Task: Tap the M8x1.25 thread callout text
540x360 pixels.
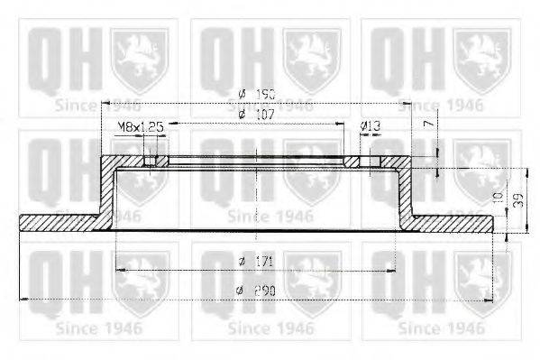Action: [139, 128]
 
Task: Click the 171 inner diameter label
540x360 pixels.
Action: [262, 261]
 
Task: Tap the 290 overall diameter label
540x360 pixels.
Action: [262, 290]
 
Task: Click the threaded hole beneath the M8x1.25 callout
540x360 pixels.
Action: [156, 162]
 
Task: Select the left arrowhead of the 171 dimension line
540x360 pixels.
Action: [120, 270]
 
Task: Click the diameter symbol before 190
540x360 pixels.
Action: [243, 93]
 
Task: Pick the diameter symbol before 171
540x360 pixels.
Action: [243, 261]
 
